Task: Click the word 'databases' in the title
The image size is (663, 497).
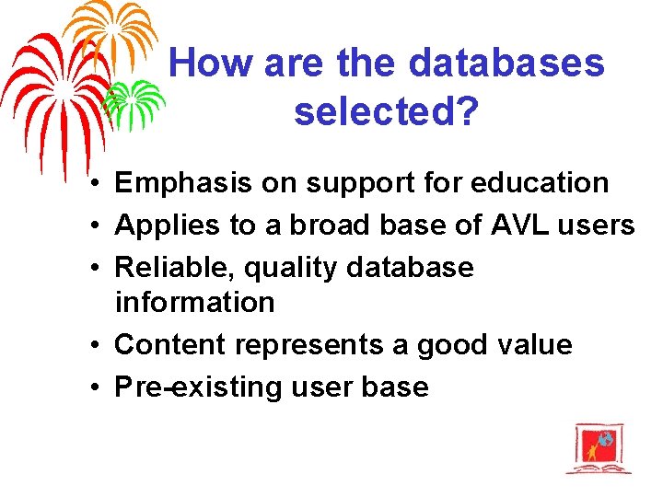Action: point(506,64)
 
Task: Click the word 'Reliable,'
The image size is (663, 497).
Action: point(173,267)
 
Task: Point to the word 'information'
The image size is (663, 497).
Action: point(194,302)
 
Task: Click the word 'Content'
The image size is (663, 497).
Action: point(170,344)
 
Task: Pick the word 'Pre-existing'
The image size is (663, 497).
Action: point(198,387)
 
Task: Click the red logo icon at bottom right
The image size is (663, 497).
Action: point(598,448)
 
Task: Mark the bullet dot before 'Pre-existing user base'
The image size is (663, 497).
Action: point(96,387)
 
